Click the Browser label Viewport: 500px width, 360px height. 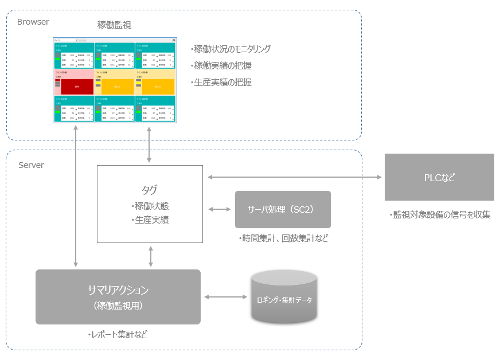pos(33,22)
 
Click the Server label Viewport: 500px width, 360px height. pos(31,165)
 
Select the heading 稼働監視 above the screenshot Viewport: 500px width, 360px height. pos(115,25)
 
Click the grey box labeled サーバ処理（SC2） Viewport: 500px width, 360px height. pos(283,209)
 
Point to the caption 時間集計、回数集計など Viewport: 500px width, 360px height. pos(283,238)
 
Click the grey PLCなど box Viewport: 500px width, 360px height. pos(439,177)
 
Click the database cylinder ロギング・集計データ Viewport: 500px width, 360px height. pos(284,299)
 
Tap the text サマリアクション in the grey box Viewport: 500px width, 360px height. pos(118,289)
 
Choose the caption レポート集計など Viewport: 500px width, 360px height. pos(118,334)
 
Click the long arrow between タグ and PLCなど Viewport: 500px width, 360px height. pos(294,177)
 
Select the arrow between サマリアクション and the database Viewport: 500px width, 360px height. pos(225,296)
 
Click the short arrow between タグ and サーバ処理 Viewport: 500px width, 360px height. pos(219,209)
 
